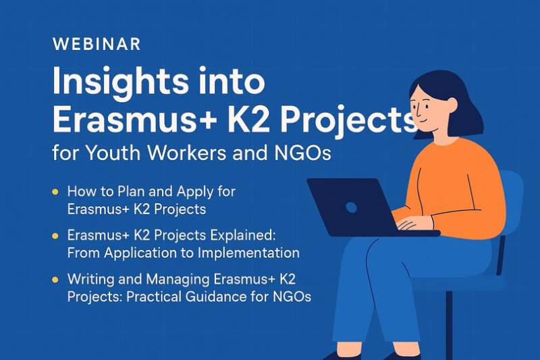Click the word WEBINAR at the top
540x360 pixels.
pos(96,45)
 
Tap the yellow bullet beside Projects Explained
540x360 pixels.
pos(55,236)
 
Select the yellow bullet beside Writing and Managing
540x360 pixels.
pos(55,279)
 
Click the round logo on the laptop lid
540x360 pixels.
pos(351,207)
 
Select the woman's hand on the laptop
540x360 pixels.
pos(412,223)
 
